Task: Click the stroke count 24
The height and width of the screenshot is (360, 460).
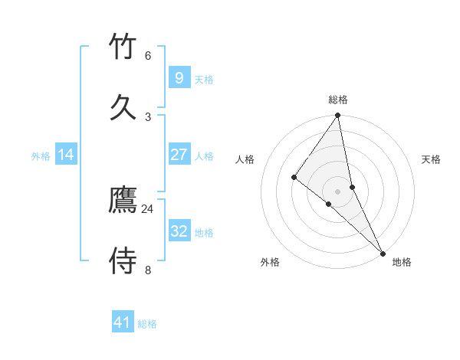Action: point(147,208)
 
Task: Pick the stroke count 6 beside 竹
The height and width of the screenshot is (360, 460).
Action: point(147,55)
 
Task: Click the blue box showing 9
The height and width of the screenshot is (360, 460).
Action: point(179,78)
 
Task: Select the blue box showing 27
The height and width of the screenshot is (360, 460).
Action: point(179,155)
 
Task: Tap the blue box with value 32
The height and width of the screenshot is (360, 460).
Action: point(179,231)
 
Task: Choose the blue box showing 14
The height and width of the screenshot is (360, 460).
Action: point(66,155)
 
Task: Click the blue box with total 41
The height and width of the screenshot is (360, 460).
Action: point(123,322)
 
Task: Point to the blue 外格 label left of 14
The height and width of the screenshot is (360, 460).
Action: point(41,156)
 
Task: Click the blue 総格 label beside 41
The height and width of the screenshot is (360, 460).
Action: point(147,324)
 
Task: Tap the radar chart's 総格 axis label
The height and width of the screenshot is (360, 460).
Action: point(337,100)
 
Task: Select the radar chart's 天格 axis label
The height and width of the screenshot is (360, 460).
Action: point(431,159)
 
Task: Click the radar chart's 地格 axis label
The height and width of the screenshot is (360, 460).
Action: point(402,262)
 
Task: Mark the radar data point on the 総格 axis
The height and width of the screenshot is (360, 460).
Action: point(337,116)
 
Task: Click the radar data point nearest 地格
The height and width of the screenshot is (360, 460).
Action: point(383,253)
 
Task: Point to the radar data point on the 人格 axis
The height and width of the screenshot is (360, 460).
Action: point(294,177)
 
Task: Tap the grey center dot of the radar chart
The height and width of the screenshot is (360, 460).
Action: point(337,191)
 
